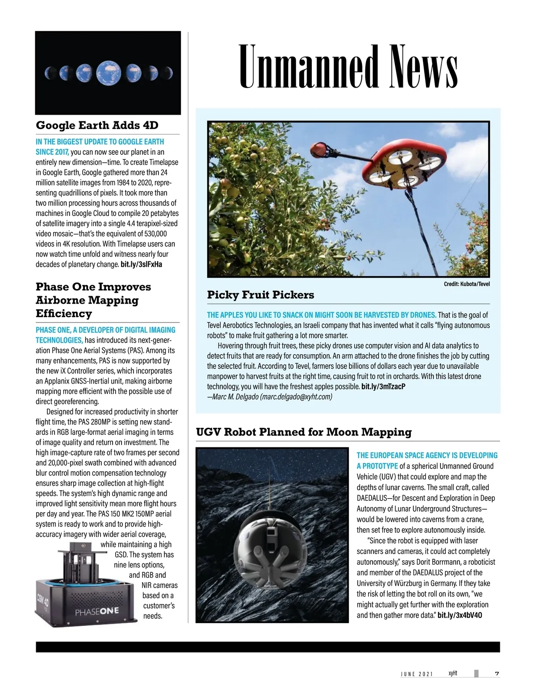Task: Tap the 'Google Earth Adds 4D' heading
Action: click(x=97, y=125)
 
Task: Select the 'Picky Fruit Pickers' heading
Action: click(x=260, y=295)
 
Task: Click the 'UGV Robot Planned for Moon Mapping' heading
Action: click(x=304, y=432)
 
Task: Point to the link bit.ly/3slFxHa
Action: click(x=141, y=265)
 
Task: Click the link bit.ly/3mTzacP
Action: click(x=383, y=386)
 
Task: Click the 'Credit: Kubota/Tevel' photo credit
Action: click(x=467, y=284)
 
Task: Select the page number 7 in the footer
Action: click(x=497, y=674)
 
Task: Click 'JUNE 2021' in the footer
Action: click(x=416, y=674)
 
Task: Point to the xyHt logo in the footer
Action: click(x=452, y=673)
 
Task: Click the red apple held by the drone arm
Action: click(x=320, y=148)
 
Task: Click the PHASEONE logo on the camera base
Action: click(x=96, y=611)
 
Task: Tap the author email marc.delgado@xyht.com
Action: click(x=296, y=397)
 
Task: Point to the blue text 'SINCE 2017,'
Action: click(x=52, y=152)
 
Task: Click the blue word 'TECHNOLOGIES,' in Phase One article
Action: click(x=59, y=340)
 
